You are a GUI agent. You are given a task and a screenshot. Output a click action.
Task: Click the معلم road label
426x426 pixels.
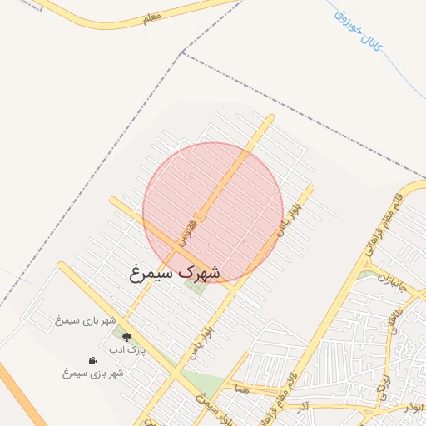(151, 17)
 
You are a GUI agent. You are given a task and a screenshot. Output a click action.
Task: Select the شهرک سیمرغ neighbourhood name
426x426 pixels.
(176, 271)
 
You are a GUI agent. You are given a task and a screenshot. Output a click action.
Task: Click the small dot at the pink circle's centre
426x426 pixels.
(200, 216)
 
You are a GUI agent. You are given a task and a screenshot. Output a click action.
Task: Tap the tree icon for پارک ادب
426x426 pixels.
(126, 337)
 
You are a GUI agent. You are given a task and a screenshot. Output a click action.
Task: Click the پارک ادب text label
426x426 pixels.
(129, 350)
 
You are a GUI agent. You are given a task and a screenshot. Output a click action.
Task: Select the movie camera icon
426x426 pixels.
(92, 360)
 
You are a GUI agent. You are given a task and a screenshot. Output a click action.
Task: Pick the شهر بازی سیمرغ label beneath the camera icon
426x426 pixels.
(92, 373)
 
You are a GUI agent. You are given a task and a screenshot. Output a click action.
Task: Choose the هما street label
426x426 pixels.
(242, 388)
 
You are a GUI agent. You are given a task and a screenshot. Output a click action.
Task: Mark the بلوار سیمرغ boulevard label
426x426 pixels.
(214, 409)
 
